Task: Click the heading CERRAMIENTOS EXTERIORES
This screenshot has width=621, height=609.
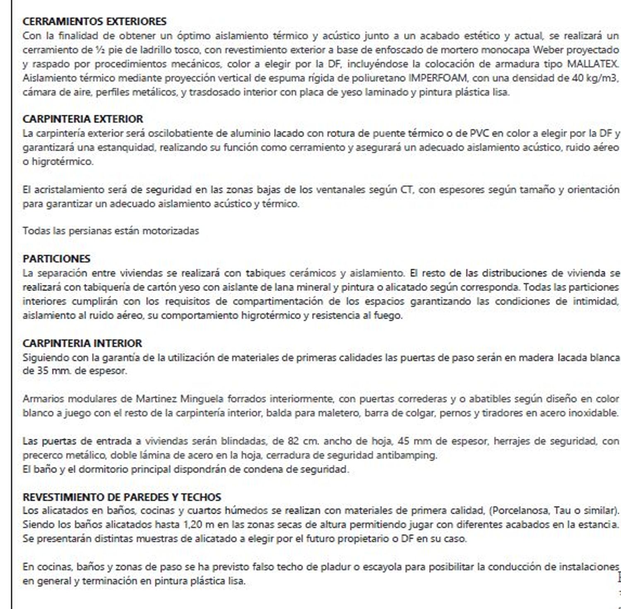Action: pos(94,22)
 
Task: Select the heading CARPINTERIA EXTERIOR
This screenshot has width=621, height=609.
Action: pos(83,119)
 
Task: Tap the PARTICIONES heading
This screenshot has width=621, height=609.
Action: pos(56,259)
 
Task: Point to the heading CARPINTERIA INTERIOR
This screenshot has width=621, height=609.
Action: pos(82,343)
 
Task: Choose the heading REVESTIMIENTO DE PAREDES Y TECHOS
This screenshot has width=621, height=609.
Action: pos(122,497)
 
